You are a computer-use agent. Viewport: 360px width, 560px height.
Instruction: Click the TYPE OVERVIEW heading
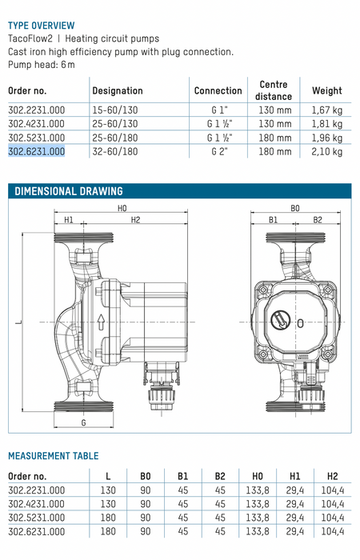(x=42, y=26)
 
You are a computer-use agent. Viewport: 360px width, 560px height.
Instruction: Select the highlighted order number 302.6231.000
(x=37, y=151)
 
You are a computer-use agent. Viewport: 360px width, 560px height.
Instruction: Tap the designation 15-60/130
(x=115, y=110)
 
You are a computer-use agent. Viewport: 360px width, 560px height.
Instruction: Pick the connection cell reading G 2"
(x=219, y=151)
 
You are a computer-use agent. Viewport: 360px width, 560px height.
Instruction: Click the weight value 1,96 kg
(x=326, y=138)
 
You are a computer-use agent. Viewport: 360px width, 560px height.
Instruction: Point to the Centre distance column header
(x=274, y=90)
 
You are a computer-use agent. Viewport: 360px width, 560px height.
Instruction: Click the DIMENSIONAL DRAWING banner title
(x=69, y=191)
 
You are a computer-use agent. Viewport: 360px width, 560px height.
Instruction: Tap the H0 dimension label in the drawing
(x=122, y=208)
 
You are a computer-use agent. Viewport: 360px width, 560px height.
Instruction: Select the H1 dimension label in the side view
(x=69, y=220)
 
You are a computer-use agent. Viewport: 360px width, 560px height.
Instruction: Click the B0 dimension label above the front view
(x=295, y=208)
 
